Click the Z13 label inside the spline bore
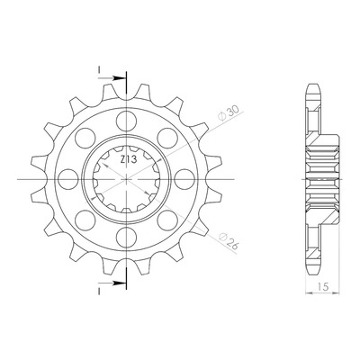click(129, 159)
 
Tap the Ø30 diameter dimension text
click(229, 113)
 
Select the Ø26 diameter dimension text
click(229, 241)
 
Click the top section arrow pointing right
click(112, 78)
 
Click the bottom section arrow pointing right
click(112, 283)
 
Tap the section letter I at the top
click(98, 70)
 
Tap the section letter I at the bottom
click(98, 292)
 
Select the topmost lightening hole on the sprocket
click(127, 121)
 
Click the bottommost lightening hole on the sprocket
click(127, 238)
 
